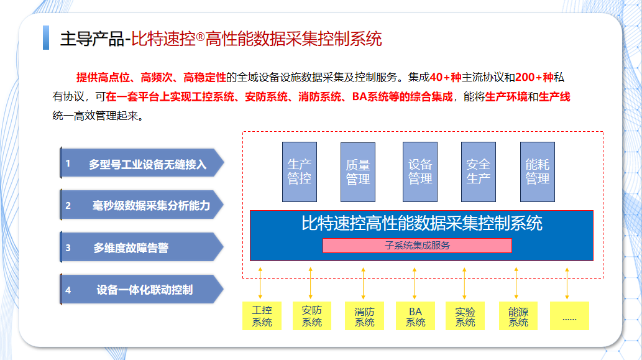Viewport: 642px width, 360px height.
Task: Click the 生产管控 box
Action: (x=300, y=172)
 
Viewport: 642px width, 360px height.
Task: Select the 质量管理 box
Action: (x=358, y=172)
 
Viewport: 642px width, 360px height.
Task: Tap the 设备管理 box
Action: (x=420, y=172)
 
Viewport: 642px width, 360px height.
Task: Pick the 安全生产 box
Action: (x=478, y=172)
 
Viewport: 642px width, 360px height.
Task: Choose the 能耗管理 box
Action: (x=538, y=172)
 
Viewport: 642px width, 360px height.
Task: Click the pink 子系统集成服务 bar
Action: (x=417, y=246)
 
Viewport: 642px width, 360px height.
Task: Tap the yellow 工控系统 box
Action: (x=262, y=316)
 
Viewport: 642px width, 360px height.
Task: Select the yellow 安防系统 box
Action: (x=312, y=316)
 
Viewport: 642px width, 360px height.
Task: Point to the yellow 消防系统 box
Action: (x=364, y=316)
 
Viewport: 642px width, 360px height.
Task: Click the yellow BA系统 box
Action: (x=415, y=316)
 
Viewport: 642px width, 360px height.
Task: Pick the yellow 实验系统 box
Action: (x=465, y=316)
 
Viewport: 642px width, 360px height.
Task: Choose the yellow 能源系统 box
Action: (x=518, y=316)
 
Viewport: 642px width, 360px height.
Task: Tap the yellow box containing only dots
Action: (x=569, y=316)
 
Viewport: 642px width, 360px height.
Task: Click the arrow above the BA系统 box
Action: (x=415, y=284)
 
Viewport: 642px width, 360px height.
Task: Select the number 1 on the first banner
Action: (x=68, y=164)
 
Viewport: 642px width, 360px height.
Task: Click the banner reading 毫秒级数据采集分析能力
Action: (x=142, y=205)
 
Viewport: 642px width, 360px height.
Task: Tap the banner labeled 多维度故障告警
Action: (x=142, y=247)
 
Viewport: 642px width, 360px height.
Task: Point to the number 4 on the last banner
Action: (x=68, y=290)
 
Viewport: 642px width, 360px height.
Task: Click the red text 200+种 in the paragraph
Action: (x=534, y=77)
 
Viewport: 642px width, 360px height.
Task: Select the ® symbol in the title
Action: (x=200, y=37)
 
